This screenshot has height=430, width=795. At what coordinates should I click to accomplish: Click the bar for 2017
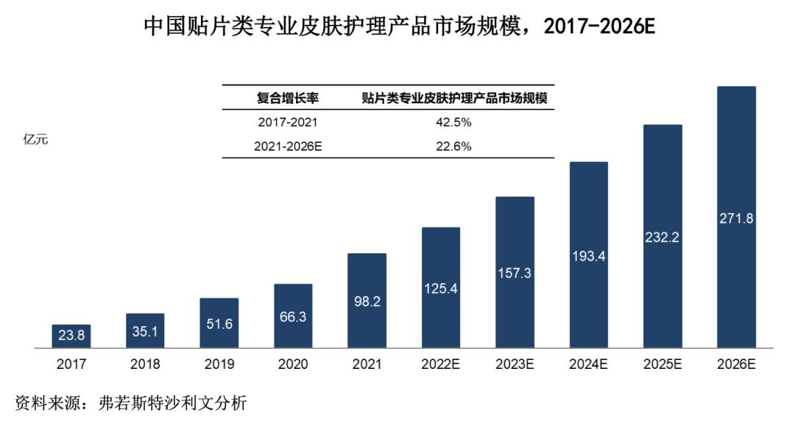pyautogui.click(x=71, y=336)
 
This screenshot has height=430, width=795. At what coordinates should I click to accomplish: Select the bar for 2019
pyautogui.click(x=219, y=322)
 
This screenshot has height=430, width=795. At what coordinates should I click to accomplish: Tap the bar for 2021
pyautogui.click(x=367, y=300)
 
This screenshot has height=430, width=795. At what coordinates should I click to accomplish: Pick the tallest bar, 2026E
pyautogui.click(x=736, y=217)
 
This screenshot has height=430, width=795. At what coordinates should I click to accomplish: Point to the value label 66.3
pyautogui.click(x=293, y=317)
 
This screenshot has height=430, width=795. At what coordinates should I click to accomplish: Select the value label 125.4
pyautogui.click(x=441, y=289)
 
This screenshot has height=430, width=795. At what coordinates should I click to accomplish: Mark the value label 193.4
pyautogui.click(x=588, y=256)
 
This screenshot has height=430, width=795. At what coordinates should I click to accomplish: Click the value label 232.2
pyautogui.click(x=662, y=238)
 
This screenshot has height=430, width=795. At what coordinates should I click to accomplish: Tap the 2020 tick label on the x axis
pyautogui.click(x=293, y=364)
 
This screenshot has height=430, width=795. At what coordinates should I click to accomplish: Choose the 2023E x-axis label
pyautogui.click(x=515, y=364)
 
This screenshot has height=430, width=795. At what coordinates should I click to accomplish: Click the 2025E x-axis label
pyautogui.click(x=662, y=364)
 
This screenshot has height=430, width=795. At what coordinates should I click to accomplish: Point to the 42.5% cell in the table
pyautogui.click(x=453, y=122)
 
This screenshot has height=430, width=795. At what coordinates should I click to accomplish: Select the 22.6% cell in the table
pyautogui.click(x=453, y=146)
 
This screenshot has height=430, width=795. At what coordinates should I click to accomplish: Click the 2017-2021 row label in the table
pyautogui.click(x=288, y=122)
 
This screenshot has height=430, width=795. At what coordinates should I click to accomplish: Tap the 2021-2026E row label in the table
pyautogui.click(x=288, y=146)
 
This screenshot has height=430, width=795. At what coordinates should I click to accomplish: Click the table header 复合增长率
pyautogui.click(x=288, y=98)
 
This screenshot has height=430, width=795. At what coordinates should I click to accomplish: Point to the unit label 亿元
pyautogui.click(x=36, y=140)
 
